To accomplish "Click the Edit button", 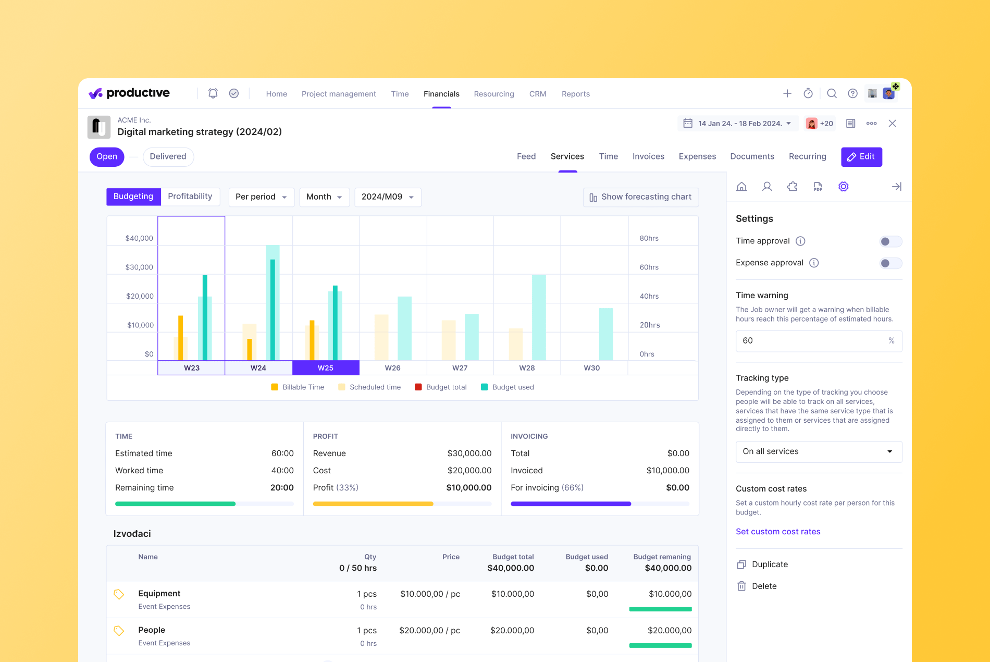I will [861, 157].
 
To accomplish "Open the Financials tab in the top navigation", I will [441, 94].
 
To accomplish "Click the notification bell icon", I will [213, 93].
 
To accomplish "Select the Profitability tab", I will [190, 197].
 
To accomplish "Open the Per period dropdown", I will [261, 197].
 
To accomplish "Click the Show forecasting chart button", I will [640, 197].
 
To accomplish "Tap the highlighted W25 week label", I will [326, 368].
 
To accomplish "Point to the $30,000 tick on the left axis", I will [139, 267].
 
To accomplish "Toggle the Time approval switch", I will [890, 241].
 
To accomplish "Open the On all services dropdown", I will [818, 452].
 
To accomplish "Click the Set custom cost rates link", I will [777, 532].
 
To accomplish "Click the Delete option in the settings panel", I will [763, 586].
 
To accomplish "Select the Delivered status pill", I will [168, 157].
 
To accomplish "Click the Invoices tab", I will [648, 157].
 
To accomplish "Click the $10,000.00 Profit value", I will [468, 488].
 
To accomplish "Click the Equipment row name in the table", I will [159, 594].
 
